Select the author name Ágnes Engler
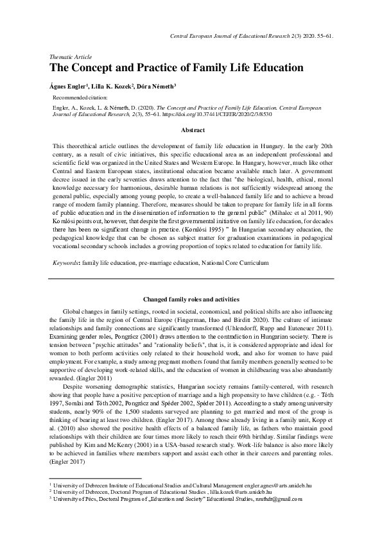click(x=69, y=85)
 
